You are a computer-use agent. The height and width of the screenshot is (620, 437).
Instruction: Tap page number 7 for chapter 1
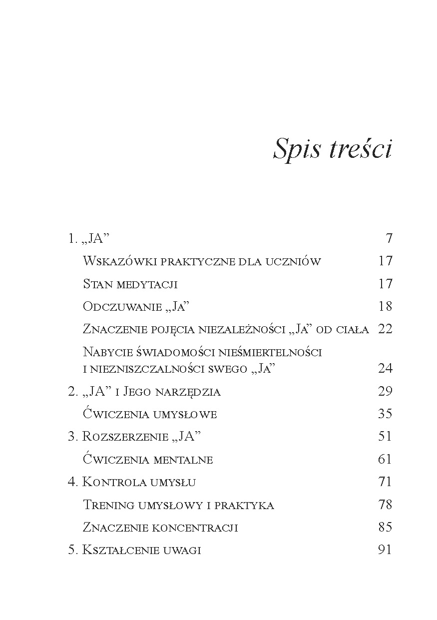(389, 238)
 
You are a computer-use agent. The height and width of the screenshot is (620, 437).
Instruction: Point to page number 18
(385, 306)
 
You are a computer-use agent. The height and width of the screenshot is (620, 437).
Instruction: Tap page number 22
(385, 329)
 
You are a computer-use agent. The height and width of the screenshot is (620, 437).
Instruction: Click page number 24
(385, 368)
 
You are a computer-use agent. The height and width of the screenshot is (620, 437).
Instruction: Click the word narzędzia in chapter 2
(189, 391)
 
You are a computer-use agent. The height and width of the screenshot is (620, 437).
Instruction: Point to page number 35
(385, 414)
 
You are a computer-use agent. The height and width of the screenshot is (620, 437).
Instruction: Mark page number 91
(385, 550)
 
